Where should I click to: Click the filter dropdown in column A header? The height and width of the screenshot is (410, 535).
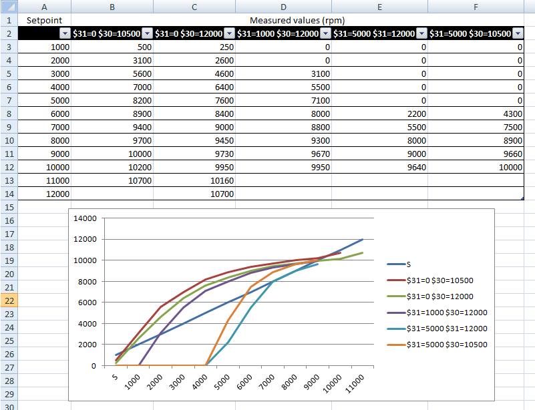click(64, 34)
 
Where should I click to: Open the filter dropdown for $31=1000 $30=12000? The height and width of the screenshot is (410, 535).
click(325, 34)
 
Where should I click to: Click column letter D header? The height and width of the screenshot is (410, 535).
click(283, 6)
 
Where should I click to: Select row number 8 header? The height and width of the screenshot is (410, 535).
click(10, 114)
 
